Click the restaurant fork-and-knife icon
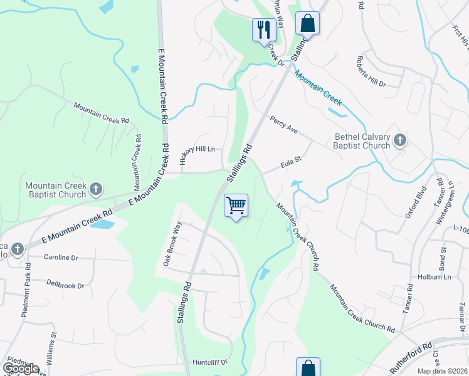[x=262, y=29]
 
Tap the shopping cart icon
[x=236, y=205]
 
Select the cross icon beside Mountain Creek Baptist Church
[x=95, y=189]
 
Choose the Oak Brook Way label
[x=172, y=244]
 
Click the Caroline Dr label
[x=61, y=258]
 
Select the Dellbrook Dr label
[x=65, y=285]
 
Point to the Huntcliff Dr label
[x=209, y=362]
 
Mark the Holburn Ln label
[x=434, y=276]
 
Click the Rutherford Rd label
[x=411, y=355]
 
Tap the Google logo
[x=21, y=368]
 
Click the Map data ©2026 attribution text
[x=442, y=371]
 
